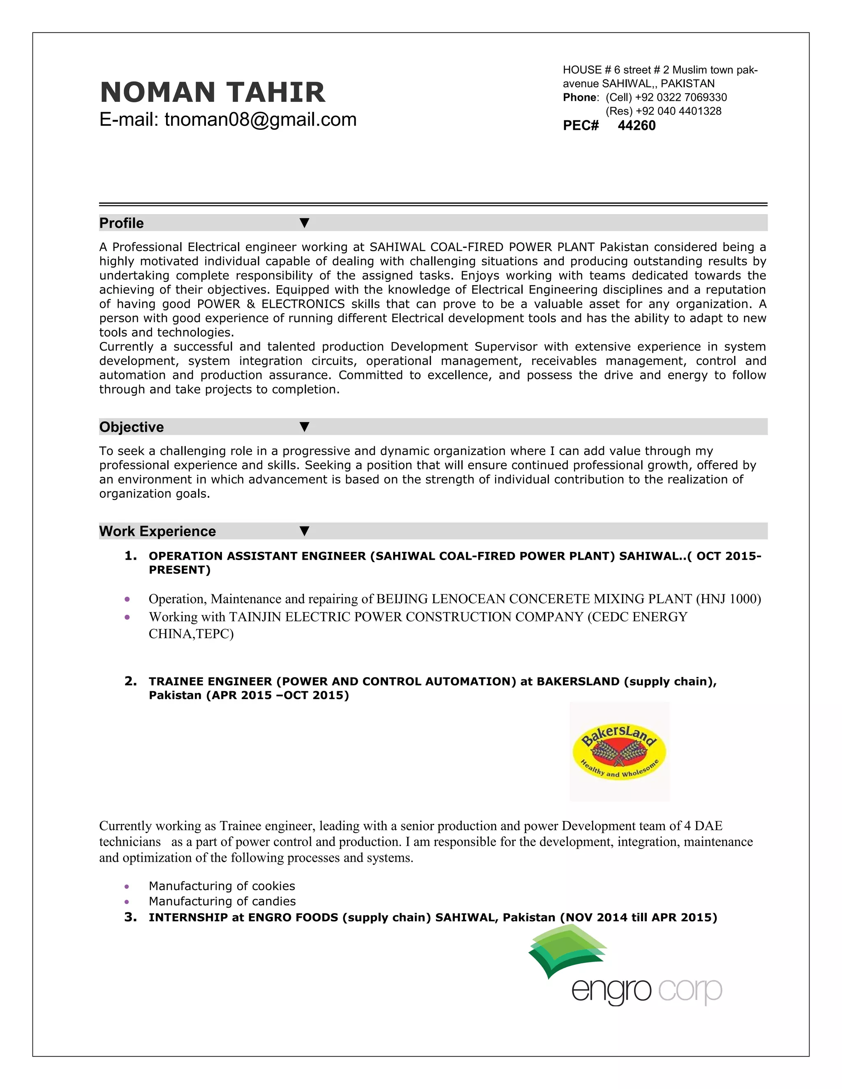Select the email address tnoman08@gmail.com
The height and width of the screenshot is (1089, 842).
tap(260, 120)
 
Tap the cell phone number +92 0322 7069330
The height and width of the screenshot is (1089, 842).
tap(681, 97)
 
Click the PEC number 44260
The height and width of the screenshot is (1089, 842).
tap(636, 126)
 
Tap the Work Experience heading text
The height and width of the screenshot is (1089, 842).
tap(157, 531)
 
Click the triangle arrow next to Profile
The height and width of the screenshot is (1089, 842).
tap(304, 223)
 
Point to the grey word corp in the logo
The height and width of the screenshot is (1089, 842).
tap(690, 990)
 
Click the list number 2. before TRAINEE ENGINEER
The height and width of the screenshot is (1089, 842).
tap(130, 681)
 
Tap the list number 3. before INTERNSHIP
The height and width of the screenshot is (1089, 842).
tap(130, 917)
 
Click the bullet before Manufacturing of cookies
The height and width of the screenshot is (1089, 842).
tap(127, 886)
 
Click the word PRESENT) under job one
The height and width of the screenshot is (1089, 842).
tap(180, 570)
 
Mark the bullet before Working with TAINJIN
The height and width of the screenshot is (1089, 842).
tap(127, 617)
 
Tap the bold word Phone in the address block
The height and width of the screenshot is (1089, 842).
tap(580, 97)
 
